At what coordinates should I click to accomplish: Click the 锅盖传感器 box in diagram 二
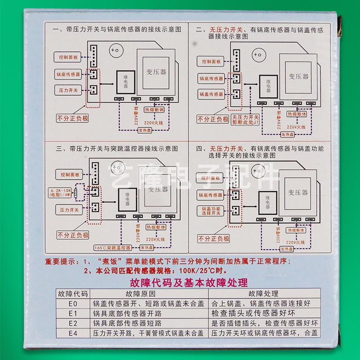[211, 94]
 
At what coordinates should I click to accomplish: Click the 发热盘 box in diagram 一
[145, 131]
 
